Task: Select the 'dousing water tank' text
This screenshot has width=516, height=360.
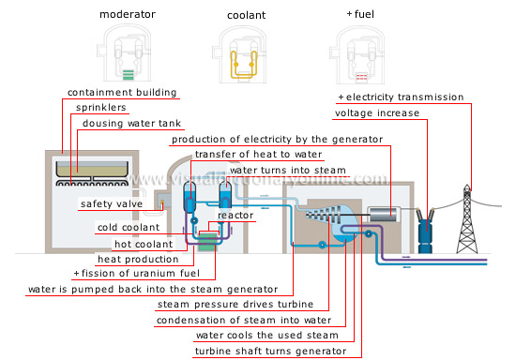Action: (x=128, y=123)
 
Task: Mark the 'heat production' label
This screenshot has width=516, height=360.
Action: (x=138, y=258)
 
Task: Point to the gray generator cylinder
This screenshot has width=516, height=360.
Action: (x=385, y=216)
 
